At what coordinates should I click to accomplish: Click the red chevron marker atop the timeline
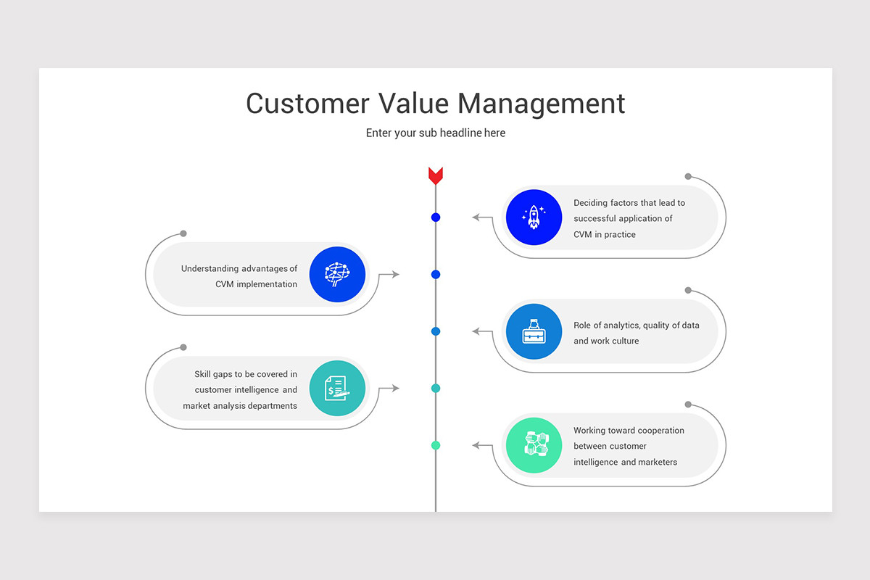435,175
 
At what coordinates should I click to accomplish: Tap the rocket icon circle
534,217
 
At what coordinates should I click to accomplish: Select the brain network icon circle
336,274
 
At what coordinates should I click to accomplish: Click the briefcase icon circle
534,331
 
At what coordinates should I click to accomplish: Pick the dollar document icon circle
336,389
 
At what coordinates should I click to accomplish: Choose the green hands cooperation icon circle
534,445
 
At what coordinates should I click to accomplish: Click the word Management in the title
541,103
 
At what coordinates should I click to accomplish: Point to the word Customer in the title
307,103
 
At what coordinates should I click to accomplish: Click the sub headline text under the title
435,133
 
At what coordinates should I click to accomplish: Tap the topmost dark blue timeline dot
436,217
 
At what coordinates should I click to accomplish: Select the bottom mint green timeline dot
436,445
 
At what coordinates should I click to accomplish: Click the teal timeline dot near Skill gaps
436,389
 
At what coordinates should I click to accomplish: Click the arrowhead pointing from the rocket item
476,217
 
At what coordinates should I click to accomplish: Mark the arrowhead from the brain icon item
395,274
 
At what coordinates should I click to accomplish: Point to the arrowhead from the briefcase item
476,331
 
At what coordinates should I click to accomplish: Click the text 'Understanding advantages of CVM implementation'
239,276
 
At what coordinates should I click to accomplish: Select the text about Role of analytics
636,333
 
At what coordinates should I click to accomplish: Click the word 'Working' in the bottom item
589,431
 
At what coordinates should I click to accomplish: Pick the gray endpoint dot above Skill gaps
183,347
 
